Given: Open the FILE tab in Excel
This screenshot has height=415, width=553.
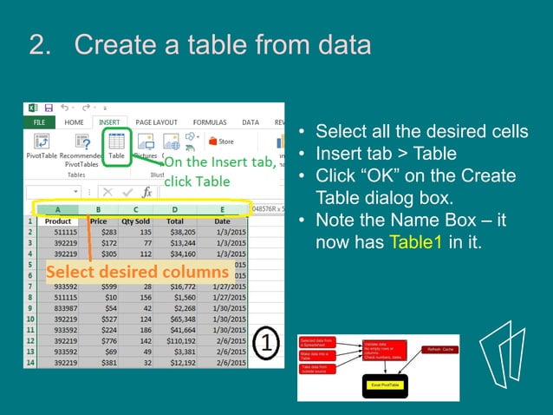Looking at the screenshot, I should pyautogui.click(x=39, y=122).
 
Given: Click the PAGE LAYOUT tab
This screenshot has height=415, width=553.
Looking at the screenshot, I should pyautogui.click(x=156, y=122).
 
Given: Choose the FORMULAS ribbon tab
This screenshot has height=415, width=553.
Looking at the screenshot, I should pyautogui.click(x=210, y=122).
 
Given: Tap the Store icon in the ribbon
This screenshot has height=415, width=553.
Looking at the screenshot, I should pyautogui.click(x=220, y=141).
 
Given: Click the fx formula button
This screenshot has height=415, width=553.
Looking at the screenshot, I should pyautogui.click(x=147, y=192).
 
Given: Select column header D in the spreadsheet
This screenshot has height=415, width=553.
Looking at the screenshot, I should pyautogui.click(x=175, y=209).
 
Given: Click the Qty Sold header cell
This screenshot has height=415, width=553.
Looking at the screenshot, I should pyautogui.click(x=135, y=221).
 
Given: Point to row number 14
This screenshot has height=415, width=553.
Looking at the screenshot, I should pyautogui.click(x=29, y=362).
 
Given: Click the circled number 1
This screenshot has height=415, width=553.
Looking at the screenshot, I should pyautogui.click(x=268, y=343).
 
